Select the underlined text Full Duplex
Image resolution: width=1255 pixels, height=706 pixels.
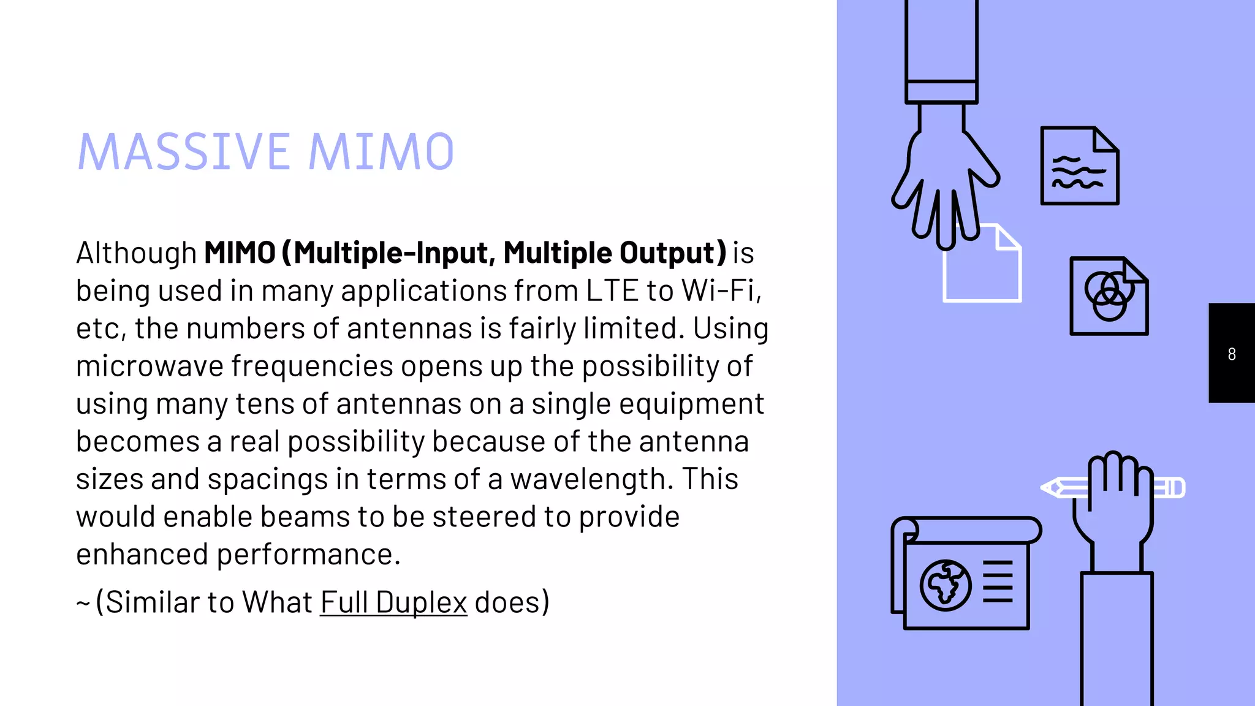click(x=393, y=602)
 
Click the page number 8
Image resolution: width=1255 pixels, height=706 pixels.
click(x=1232, y=354)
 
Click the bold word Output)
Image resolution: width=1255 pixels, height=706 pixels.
click(x=673, y=252)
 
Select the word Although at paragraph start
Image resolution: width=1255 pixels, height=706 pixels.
click(x=136, y=252)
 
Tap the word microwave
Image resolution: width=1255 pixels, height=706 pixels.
click(x=150, y=366)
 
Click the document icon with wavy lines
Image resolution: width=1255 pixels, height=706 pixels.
click(x=1079, y=166)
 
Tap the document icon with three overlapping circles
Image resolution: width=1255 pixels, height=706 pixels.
click(x=1109, y=296)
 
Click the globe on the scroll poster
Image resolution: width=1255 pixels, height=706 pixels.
click(x=945, y=585)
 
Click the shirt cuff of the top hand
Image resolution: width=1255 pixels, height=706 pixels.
click(x=941, y=91)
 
